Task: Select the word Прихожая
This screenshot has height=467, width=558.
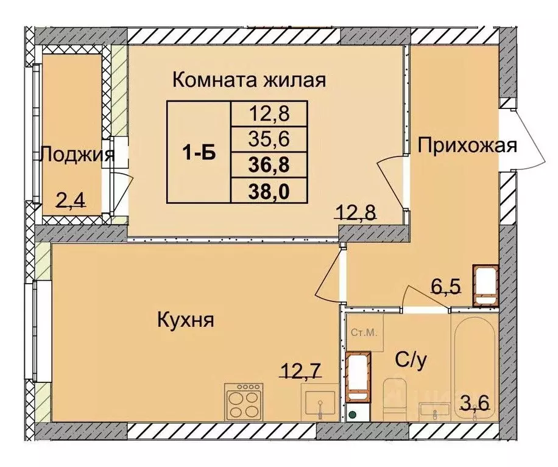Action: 467,146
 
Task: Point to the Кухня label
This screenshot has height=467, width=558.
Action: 185,320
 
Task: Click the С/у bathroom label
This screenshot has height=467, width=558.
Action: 412,360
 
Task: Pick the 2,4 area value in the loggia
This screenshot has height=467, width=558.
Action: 71,199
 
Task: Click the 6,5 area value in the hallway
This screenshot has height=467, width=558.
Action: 443,285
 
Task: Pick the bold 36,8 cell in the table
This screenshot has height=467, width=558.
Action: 269,165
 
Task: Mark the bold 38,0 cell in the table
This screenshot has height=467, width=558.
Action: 269,191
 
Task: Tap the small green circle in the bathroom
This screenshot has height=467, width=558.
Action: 353,416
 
